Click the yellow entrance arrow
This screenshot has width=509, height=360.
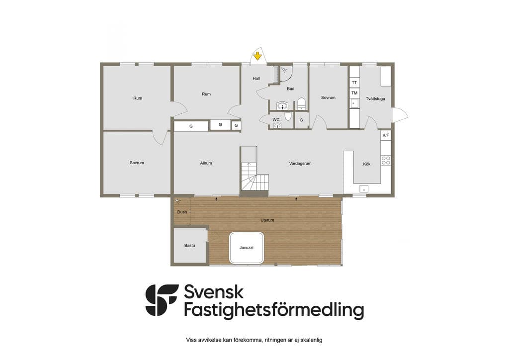click(257, 56)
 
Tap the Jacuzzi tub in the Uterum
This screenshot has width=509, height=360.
click(247, 248)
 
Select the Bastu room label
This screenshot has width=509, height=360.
click(189, 246)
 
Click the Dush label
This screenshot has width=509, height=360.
click(182, 212)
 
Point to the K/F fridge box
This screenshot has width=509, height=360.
click(386, 135)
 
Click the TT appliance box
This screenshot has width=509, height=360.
click(354, 83)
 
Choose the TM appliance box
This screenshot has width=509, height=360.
click(354, 93)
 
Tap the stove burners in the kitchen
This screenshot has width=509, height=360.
click(386, 161)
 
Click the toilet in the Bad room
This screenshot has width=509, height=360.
click(302, 103)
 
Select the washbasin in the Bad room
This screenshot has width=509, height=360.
click(282, 106)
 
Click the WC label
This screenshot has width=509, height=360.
click(276, 120)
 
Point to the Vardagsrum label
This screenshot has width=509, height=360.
click(300, 164)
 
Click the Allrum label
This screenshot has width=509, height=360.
click(206, 163)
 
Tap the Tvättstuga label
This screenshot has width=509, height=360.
click(375, 98)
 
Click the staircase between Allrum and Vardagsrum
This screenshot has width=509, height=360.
click(254, 172)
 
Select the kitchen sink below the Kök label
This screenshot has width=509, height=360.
click(364, 188)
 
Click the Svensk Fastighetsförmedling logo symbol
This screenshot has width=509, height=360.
click(162, 300)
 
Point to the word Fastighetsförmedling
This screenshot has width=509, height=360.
click(274, 310)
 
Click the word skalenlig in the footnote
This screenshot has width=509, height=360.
click(312, 340)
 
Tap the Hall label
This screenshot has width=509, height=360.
click(256, 78)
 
